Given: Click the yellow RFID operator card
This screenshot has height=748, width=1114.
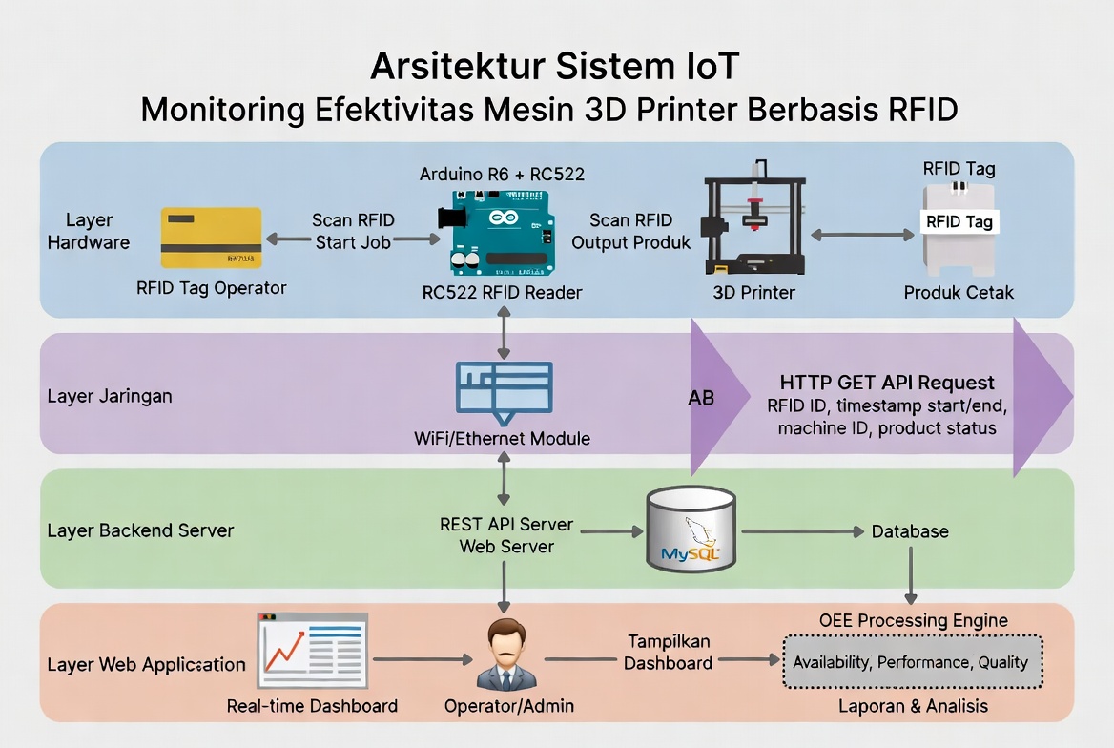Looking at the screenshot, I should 211,238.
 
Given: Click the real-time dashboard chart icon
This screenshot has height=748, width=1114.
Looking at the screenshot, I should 312,650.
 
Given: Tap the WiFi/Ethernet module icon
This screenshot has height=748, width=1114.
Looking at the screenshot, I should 505,391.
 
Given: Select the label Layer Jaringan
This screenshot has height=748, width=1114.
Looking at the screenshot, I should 110,395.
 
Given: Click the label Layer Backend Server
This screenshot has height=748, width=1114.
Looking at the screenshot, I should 140,530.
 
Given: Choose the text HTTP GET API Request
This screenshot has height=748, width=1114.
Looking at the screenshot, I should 887,383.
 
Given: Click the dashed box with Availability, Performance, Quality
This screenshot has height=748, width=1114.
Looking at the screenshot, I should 912,661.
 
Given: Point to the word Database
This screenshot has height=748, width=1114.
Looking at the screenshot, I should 910,531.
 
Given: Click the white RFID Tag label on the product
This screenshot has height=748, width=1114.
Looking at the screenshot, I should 959,222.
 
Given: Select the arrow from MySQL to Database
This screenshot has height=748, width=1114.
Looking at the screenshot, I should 802,531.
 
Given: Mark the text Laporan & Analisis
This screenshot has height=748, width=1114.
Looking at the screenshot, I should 913,706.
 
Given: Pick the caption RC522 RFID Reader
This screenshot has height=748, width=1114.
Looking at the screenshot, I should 502,292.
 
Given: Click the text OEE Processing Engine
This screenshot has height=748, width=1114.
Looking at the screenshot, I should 913,621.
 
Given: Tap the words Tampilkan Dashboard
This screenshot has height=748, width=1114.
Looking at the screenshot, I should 669,652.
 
